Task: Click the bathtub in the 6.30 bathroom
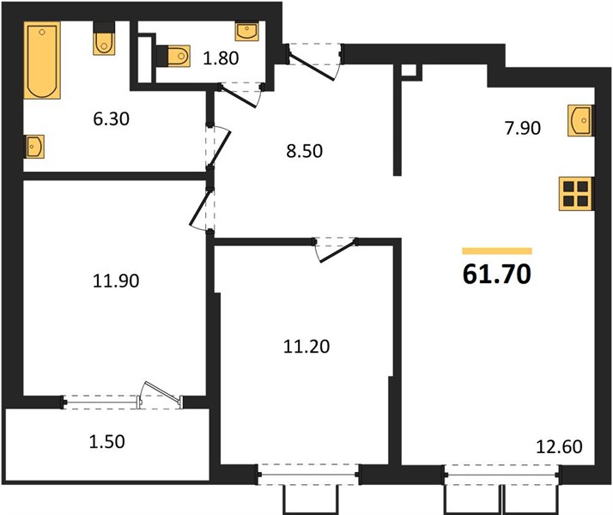pos(42,60)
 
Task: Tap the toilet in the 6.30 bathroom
pos(104,39)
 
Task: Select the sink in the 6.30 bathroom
pos(34,147)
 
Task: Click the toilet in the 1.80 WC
pos(173,56)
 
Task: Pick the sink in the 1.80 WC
pos(246,31)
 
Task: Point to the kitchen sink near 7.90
pos(580,121)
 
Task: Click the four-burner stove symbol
pos(576,194)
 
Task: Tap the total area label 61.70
pos(497,275)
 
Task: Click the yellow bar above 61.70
pos(497,251)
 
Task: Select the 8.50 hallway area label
pos(305,151)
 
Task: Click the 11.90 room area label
pos(116,281)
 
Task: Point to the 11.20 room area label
pos(306,347)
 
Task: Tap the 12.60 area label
pos(559,446)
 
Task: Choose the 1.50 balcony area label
pos(107,441)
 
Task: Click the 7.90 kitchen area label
pos(523,128)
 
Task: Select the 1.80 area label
pos(221,58)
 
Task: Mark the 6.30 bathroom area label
pos(112,118)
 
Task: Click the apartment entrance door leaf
pos(312,67)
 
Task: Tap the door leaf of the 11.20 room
pos(337,252)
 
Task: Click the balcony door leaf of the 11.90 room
pos(162,391)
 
